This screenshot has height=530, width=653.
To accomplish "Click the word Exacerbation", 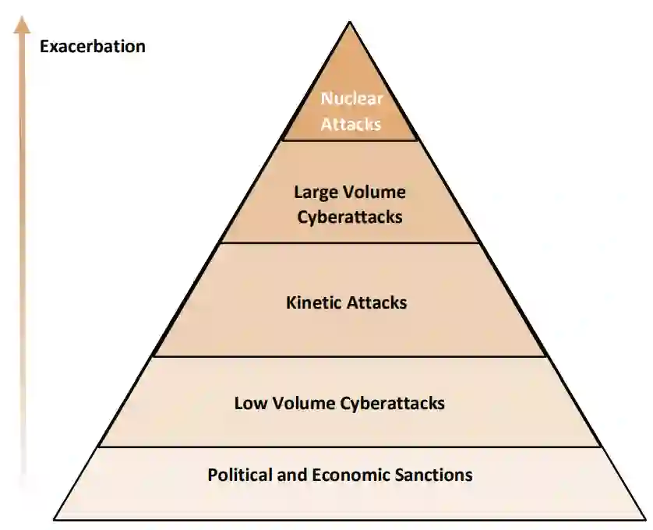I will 92,46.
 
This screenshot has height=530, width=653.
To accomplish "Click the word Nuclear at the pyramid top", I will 351,99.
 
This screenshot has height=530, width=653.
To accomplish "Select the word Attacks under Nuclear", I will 351,123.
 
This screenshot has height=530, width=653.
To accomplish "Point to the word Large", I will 313,192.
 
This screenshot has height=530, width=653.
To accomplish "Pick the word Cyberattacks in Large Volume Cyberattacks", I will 350,217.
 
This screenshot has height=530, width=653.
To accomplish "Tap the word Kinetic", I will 314,302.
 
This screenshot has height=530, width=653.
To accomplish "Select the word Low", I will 249,403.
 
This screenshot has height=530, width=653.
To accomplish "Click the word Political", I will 239,474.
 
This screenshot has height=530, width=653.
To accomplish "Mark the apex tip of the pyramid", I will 350,22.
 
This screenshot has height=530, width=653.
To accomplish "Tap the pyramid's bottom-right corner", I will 646,519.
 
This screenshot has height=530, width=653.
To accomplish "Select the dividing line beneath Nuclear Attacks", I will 350,140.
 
